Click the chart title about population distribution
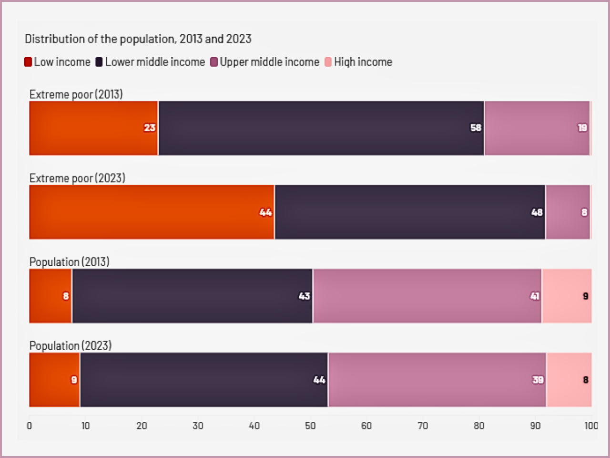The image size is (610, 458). [x=138, y=39]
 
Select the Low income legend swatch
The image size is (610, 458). [x=28, y=62]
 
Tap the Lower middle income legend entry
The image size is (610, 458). [x=150, y=62]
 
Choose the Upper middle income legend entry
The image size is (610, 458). [x=264, y=62]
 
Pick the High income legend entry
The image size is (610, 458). [x=358, y=62]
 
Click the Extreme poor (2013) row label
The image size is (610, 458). [x=76, y=94]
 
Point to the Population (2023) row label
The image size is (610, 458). [x=71, y=345]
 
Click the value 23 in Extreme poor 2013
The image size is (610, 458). [x=150, y=127]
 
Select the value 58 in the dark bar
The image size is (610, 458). [x=476, y=127]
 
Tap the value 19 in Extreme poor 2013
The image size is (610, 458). [x=582, y=127]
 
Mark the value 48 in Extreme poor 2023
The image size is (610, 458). [x=537, y=212]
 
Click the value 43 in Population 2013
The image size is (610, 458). [x=304, y=296]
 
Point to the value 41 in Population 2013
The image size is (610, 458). [x=535, y=296]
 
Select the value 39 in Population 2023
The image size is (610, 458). [x=538, y=380]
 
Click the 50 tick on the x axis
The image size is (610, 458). [x=310, y=426]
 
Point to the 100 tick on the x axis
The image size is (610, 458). [x=591, y=426]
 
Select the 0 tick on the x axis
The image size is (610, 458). [x=30, y=426]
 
